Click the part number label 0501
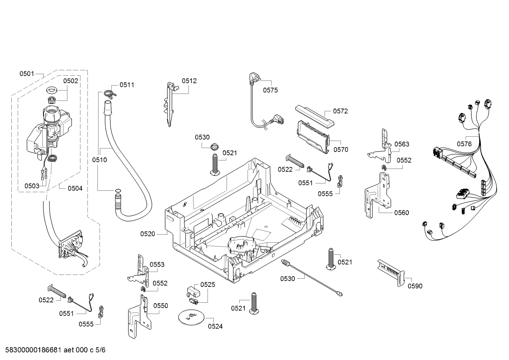coord(26,74)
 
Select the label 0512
coord(189,81)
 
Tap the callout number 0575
coord(270,90)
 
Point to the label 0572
coord(340,111)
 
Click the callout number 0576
coord(464,144)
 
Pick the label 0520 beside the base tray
coord(148,234)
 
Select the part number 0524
coord(215,326)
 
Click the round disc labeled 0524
coord(191,317)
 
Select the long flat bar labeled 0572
coord(315,116)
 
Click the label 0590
coord(415,286)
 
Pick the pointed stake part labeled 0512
coord(170,104)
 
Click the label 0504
coord(75,188)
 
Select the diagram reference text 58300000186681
coord(33,350)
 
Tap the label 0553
coord(157,265)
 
